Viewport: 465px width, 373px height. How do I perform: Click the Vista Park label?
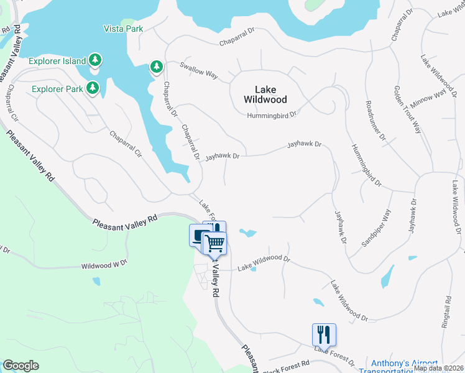point(124,29)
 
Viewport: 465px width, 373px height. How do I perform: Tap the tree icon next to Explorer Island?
point(94,60)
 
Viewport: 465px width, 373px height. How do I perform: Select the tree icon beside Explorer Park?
point(93,88)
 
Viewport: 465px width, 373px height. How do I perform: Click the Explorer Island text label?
point(57,61)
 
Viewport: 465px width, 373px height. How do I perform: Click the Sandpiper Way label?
point(377,227)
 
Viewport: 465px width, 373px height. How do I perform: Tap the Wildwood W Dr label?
point(104,265)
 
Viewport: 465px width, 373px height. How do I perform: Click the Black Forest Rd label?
point(285,367)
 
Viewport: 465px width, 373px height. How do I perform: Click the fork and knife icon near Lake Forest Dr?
point(323,334)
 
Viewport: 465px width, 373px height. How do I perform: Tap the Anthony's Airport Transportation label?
point(404,365)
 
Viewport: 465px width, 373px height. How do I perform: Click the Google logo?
point(21,366)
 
